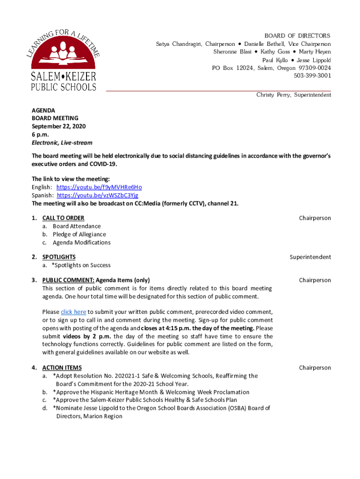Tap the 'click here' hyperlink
(73, 312)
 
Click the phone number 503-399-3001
(312, 75)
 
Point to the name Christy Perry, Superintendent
(293, 95)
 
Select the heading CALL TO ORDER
(63, 218)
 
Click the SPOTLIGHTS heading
(59, 257)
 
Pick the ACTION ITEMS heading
(62, 368)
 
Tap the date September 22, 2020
(58, 126)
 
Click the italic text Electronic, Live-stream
(62, 143)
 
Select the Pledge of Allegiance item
(79, 234)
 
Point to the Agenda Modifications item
(81, 242)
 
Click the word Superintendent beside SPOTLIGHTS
(310, 257)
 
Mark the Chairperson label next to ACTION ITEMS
(315, 368)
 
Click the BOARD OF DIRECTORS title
(297, 36)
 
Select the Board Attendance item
(76, 226)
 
